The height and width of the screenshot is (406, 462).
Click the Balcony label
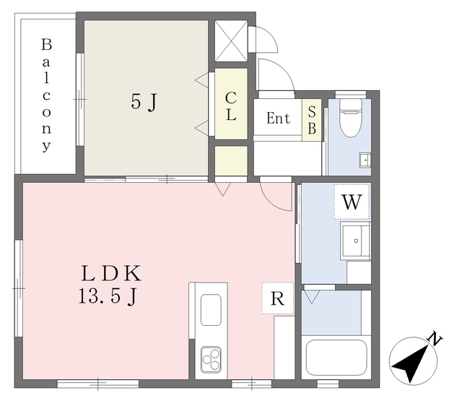click(x=46, y=95)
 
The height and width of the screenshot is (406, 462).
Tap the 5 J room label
click(x=144, y=102)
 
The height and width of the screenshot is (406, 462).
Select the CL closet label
click(x=231, y=106)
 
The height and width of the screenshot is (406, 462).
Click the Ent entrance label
click(x=278, y=118)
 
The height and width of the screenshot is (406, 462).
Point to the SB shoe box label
click(x=312, y=120)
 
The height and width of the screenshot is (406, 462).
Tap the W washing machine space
click(x=352, y=202)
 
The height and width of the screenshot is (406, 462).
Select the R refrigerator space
click(x=277, y=298)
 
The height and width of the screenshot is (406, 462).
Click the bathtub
click(x=336, y=358)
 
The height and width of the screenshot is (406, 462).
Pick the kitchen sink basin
click(x=211, y=310)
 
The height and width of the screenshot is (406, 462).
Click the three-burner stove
click(x=211, y=360)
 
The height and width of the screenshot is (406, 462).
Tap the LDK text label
click(x=111, y=274)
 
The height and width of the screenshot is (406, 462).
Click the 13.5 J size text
click(x=108, y=296)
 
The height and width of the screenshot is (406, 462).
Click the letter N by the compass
click(x=435, y=339)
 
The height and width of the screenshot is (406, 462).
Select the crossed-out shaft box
click(x=231, y=40)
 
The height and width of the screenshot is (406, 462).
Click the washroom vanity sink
click(x=355, y=241)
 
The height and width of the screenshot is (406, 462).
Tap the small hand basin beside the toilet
click(x=365, y=160)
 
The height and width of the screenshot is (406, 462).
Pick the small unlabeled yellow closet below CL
click(x=231, y=160)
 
